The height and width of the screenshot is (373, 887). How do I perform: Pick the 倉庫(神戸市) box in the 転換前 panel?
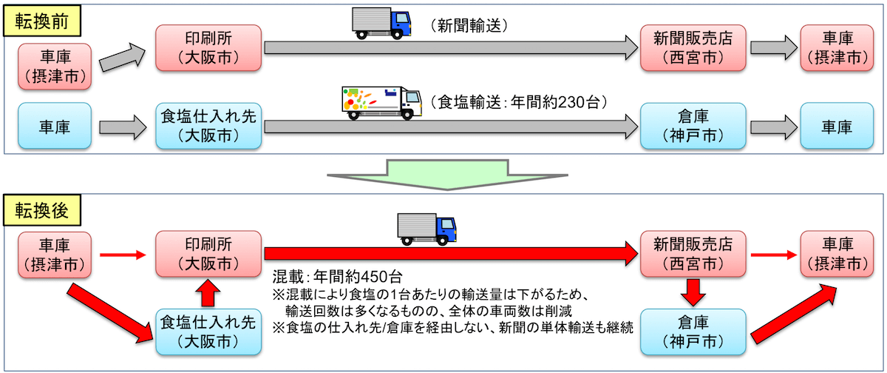click(x=692, y=128)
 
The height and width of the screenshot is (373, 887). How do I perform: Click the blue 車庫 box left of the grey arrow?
click(x=54, y=127)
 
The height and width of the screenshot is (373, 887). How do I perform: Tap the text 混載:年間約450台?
click(x=337, y=278)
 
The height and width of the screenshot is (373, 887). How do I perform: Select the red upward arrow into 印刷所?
click(x=208, y=292)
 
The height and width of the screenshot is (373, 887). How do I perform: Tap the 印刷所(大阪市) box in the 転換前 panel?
click(x=208, y=48)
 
